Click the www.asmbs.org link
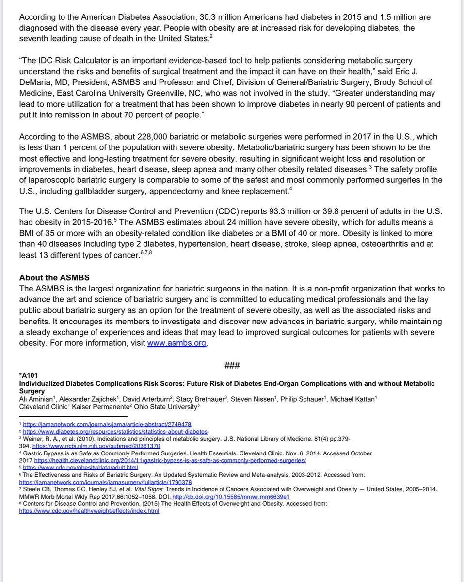(x=177, y=343)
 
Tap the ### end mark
(x=232, y=364)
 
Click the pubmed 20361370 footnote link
(x=96, y=445)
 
